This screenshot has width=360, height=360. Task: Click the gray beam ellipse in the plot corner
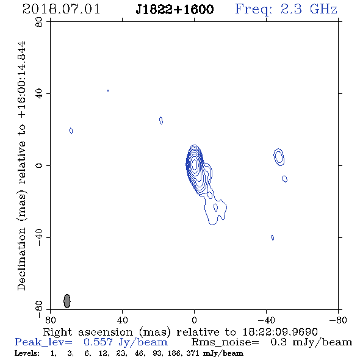tap(67, 301)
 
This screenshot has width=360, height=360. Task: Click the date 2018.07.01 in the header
tap(61, 9)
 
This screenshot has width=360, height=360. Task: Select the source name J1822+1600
tap(175, 9)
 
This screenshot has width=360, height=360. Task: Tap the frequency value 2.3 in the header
tap(291, 9)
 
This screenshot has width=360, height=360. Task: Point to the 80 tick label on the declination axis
tap(39, 22)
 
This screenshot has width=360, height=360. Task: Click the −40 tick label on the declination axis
tap(39, 237)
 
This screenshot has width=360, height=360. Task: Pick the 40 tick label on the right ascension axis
tap(122, 320)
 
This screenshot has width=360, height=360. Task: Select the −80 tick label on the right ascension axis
tap(338, 320)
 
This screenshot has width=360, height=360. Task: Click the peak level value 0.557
tap(98, 342)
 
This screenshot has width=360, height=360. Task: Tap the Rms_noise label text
tap(225, 342)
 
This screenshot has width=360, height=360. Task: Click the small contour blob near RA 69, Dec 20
tap(71, 131)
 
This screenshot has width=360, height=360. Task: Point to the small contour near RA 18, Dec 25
tap(161, 121)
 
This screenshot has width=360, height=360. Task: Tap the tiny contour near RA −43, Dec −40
tap(272, 237)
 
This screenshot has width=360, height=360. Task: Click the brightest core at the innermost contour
tap(195, 164)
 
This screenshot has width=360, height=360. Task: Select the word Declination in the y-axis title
tap(21, 259)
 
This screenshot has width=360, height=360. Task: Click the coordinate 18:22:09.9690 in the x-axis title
tap(280, 332)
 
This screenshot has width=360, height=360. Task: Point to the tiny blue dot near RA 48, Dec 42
tap(108, 91)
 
